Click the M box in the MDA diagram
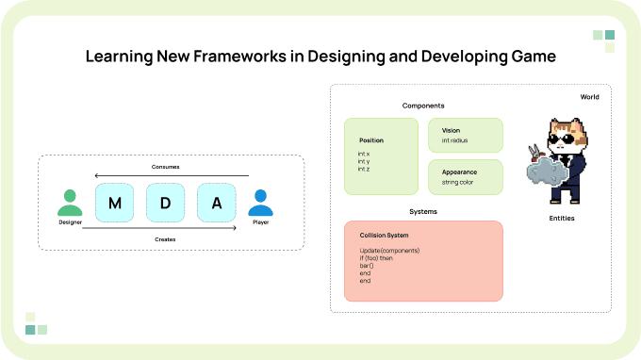click(x=114, y=203)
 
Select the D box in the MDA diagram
click(x=165, y=203)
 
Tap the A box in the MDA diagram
click(x=216, y=203)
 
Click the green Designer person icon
click(x=70, y=203)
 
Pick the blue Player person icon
click(x=260, y=203)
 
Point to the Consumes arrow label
click(x=165, y=167)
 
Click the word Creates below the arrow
click(x=165, y=239)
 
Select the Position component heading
click(x=371, y=140)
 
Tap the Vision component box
click(x=466, y=136)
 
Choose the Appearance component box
click(x=466, y=177)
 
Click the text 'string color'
click(x=457, y=182)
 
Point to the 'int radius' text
click(x=454, y=140)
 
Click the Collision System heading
click(x=384, y=236)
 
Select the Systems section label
click(x=423, y=212)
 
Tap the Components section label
click(x=423, y=106)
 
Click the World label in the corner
click(x=589, y=97)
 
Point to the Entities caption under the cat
click(x=562, y=219)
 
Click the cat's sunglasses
click(x=564, y=139)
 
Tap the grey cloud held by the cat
click(x=547, y=172)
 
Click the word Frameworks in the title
click(x=239, y=57)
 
